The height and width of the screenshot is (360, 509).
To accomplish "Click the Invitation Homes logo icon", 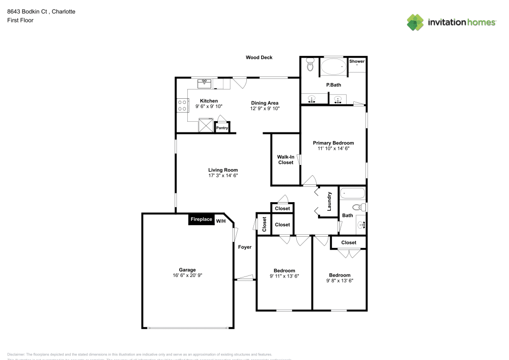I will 415,22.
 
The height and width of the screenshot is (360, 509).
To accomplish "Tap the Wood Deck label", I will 259,58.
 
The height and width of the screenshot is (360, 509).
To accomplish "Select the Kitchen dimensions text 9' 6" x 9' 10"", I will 209,106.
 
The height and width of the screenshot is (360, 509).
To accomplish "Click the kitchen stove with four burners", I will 182,105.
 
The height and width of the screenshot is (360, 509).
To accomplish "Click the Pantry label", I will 222,128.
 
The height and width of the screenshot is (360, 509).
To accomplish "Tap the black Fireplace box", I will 201,219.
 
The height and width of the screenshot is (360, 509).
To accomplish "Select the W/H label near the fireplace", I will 220,221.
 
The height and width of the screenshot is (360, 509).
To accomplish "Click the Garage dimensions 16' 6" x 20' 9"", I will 187,275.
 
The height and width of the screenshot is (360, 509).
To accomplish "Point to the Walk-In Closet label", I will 286,160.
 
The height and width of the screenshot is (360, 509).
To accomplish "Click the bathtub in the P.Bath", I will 333,67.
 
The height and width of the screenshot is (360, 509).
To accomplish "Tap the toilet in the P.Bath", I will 310,65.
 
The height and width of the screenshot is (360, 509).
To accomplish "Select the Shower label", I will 357,62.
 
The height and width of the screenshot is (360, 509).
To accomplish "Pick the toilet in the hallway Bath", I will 359,207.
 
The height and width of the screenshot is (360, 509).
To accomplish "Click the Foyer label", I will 245,247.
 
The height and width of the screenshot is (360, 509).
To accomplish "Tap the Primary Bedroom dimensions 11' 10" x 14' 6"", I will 333,149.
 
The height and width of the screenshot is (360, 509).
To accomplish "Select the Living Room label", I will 223,170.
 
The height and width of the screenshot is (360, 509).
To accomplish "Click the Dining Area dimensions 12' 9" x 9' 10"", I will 265,108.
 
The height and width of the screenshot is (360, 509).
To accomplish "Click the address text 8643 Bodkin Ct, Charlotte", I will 41,11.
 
